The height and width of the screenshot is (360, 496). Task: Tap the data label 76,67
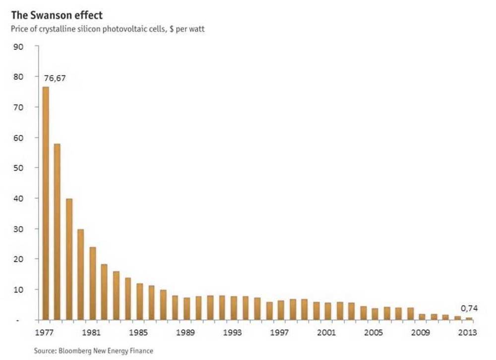tap(55, 78)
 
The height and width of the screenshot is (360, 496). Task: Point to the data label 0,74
tap(469, 308)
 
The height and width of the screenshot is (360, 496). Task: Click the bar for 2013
tap(469, 318)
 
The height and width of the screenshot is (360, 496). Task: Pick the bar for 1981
tap(93, 283)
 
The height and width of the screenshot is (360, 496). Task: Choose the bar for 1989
tap(186, 308)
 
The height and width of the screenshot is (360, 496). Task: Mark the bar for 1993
tap(234, 308)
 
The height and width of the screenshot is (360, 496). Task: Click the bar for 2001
tap(328, 311)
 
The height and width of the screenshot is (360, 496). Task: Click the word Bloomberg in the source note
tap(73, 351)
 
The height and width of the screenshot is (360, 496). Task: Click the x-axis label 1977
tap(46, 332)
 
